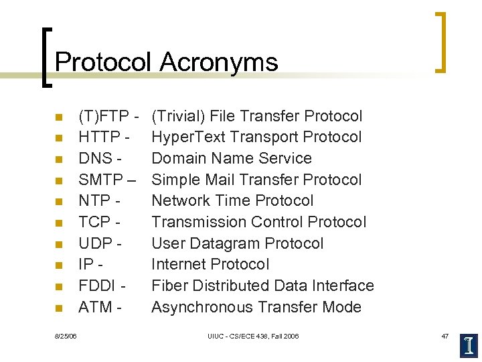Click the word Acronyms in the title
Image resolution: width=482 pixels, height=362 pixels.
tap(219, 62)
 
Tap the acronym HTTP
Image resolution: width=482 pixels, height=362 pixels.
tap(101, 137)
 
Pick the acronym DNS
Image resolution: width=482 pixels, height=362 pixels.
tap(96, 159)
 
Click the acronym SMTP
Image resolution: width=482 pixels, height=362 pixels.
tap(101, 180)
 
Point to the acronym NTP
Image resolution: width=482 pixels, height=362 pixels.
tap(94, 200)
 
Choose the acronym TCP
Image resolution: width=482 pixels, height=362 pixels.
tap(95, 222)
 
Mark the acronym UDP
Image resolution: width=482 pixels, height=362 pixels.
tap(96, 243)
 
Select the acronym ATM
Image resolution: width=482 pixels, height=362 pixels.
tap(95, 307)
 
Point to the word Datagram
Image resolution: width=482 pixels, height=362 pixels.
tap(222, 243)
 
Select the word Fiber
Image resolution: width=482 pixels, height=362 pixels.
tap(169, 286)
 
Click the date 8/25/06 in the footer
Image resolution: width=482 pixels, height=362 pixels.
tap(66, 335)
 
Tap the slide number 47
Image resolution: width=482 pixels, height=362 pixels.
tap(446, 335)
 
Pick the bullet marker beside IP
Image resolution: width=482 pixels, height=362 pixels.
tap(59, 265)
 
